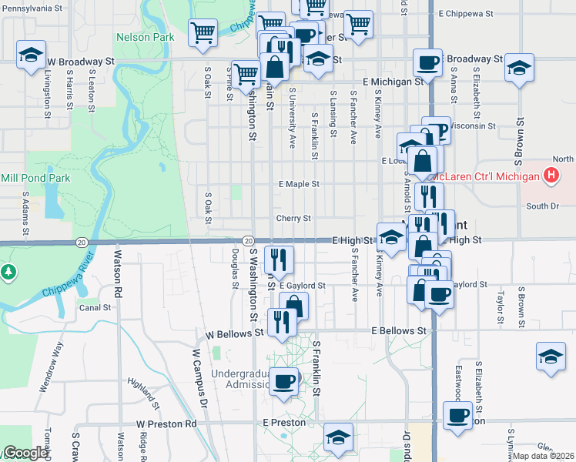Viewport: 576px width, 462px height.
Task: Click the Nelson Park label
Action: pos(144,37)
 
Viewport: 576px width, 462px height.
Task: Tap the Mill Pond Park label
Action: pos(35,178)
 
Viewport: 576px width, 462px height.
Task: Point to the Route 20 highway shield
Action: pos(248,241)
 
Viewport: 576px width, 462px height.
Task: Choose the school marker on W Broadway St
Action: pos(31,55)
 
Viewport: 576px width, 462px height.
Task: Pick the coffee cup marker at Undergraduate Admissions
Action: pos(283,380)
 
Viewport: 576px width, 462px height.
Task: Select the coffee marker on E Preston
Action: pos(457,416)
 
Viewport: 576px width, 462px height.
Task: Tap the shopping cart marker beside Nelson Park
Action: pos(203,33)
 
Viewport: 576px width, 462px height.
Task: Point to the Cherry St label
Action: pos(293,218)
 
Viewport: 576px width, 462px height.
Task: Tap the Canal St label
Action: pos(95,307)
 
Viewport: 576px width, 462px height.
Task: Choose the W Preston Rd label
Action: pos(166,423)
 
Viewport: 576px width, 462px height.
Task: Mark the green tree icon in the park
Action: pos(8,272)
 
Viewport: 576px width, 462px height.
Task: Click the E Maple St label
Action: pos(299,185)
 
